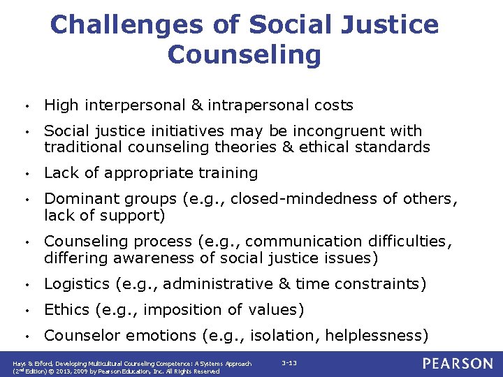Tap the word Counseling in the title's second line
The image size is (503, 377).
tap(245, 54)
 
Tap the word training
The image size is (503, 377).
tap(226, 172)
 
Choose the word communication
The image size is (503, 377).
tap(302, 242)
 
